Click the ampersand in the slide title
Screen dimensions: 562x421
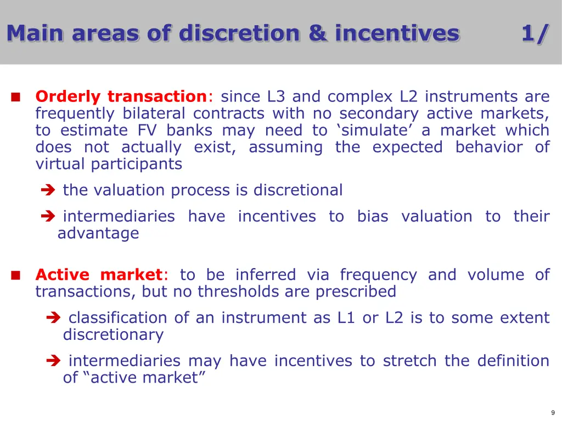coord(318,33)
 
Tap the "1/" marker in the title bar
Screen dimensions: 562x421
coord(535,34)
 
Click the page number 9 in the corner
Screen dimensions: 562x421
coord(553,413)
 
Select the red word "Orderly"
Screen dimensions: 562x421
coord(68,97)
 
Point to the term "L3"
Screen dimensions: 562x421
coord(276,96)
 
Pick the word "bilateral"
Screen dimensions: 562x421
coord(154,113)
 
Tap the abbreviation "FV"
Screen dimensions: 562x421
coord(147,130)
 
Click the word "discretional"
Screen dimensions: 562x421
coord(298,190)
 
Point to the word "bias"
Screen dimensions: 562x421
coord(373,216)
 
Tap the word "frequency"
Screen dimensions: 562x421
coord(379,275)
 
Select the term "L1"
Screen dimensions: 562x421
coord(346,317)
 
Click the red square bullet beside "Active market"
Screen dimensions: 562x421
coord(16,275)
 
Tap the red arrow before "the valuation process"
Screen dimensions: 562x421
coord(48,190)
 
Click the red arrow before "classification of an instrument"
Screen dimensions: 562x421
coord(53,317)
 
